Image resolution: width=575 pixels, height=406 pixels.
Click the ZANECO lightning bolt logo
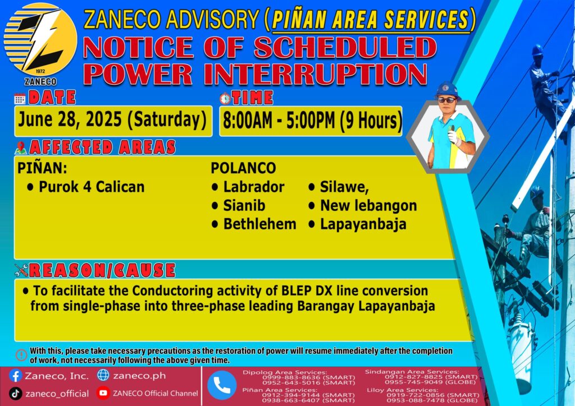40,40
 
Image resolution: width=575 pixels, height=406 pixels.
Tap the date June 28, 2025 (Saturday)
112,119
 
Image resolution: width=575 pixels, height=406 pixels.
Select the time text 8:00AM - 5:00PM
279,121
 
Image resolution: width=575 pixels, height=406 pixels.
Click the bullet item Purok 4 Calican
86,187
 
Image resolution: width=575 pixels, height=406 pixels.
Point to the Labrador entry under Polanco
248,187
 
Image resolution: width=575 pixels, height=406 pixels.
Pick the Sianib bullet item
238,205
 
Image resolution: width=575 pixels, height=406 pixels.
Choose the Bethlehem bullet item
254,224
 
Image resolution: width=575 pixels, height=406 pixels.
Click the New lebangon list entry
363,205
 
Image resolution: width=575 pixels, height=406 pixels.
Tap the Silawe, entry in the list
339,187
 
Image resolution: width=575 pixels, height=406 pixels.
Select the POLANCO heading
243,168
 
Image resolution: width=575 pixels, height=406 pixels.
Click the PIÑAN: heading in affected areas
43,168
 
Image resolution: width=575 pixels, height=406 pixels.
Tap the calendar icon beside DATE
20,99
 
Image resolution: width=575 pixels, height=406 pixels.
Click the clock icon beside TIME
225,98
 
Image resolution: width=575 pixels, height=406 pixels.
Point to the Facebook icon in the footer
16,376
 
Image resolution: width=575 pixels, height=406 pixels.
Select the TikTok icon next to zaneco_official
16,393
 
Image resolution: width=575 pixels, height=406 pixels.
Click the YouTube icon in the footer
103,393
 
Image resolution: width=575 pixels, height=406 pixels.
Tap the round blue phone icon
222,385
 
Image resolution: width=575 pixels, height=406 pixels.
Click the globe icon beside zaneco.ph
103,375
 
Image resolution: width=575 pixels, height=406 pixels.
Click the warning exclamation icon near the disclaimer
22,355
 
